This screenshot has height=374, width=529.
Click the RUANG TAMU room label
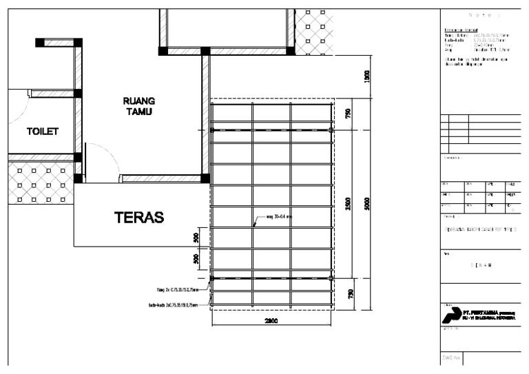tap(138, 106)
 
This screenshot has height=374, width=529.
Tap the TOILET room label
tap(43, 131)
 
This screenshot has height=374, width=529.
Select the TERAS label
tap(138, 218)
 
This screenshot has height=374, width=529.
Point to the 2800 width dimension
tap(271, 321)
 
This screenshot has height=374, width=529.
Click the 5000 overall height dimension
tap(368, 205)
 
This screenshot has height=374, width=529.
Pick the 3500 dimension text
tap(349, 205)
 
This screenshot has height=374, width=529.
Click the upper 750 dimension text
tap(349, 114)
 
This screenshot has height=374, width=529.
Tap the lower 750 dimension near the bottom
tap(349, 295)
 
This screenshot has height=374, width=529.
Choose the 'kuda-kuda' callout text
tap(173, 304)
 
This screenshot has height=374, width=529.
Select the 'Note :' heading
tap(480, 15)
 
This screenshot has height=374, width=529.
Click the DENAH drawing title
tap(481, 264)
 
